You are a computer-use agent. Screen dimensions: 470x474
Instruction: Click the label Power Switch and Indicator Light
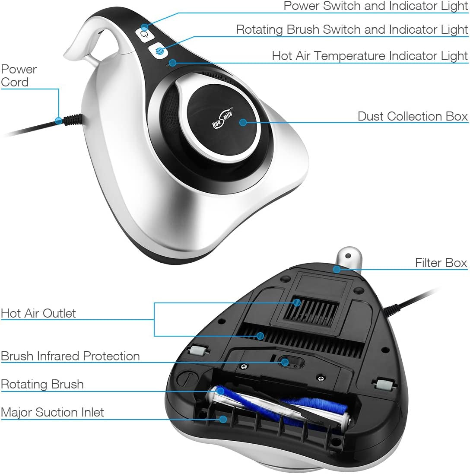[x=376, y=6]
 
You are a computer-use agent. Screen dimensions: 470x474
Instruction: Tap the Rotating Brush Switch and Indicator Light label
[x=352, y=30]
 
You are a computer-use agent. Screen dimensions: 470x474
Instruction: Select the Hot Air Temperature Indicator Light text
[x=370, y=56]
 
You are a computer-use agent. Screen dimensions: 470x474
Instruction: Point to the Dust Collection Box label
[x=413, y=116]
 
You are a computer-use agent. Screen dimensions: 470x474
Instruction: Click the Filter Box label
[x=441, y=263]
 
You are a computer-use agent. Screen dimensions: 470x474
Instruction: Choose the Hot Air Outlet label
[x=38, y=313]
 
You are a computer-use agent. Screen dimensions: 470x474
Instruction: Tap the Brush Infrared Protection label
[x=70, y=356]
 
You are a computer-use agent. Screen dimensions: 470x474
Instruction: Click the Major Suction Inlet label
[x=52, y=412]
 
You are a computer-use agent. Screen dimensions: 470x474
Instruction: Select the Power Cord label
[x=19, y=76]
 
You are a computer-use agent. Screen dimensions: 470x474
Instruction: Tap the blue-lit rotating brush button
[x=159, y=51]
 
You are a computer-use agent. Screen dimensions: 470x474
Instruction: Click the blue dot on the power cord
[x=59, y=121]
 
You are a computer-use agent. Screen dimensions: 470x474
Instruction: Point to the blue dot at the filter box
[x=337, y=269]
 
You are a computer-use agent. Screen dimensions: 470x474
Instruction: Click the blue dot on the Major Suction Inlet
[x=223, y=419]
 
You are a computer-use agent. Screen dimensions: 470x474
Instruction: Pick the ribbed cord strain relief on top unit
[x=72, y=119]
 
